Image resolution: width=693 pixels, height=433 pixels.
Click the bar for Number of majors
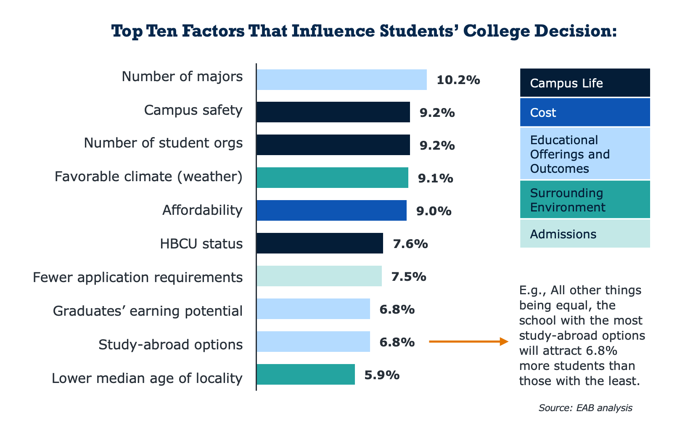[341, 80]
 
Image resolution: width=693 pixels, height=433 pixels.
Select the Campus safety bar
[333, 112]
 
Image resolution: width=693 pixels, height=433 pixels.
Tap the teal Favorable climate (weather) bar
[332, 178]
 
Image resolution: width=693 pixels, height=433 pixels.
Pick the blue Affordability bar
[331, 211]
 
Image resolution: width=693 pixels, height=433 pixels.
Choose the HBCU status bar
[320, 243]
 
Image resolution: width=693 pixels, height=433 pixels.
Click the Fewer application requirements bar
[319, 276]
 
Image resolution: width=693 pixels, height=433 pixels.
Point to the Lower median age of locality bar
[305, 375]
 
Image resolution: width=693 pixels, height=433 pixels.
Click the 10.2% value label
[458, 80]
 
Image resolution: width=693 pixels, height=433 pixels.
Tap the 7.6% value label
[410, 244]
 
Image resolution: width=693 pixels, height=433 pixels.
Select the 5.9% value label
[382, 375]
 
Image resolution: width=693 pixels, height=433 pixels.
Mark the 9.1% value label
[436, 179]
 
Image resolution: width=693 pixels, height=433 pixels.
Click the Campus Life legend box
[585, 83]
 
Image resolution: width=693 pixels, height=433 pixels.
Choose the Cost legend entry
[585, 112]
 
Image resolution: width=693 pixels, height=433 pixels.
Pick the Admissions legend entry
[585, 234]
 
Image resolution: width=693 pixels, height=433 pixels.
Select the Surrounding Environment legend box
[585, 200]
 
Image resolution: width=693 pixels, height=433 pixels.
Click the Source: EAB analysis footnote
[585, 408]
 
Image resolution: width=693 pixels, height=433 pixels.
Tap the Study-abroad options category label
[170, 345]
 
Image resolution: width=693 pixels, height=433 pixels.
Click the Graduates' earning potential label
[148, 311]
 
